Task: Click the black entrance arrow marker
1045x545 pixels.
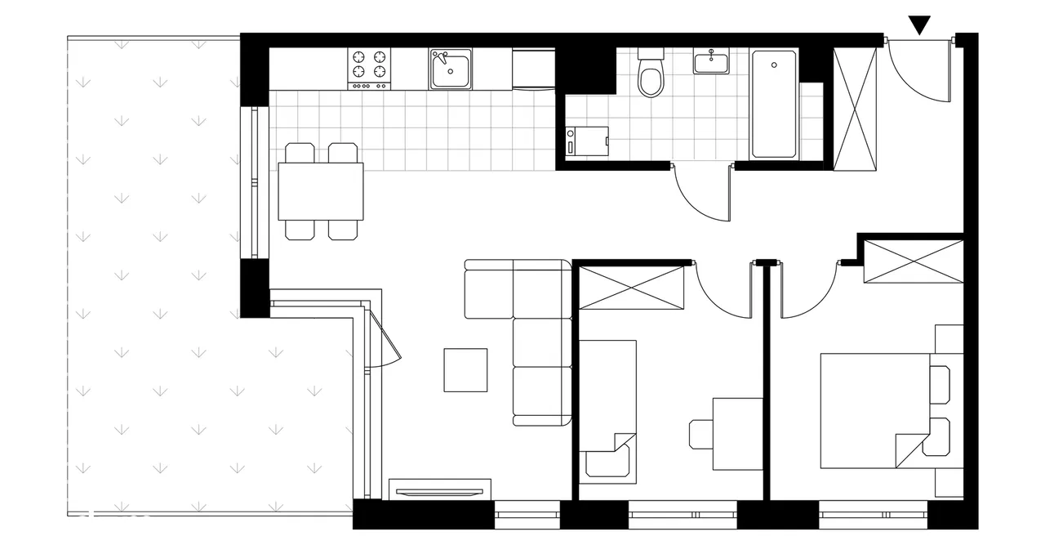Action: click(x=919, y=25)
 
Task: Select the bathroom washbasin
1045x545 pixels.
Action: click(x=711, y=61)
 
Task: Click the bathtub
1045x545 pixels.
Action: click(x=774, y=104)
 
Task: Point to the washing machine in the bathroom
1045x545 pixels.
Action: click(x=588, y=141)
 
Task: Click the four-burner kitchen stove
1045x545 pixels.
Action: click(x=369, y=68)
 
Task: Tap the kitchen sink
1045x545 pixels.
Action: click(x=451, y=69)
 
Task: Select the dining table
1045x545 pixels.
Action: click(x=320, y=191)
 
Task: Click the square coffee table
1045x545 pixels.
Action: click(x=465, y=369)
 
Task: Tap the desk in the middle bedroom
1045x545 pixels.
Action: click(x=737, y=433)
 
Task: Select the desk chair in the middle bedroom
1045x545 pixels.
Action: click(x=700, y=434)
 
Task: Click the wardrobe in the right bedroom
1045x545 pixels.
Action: click(x=914, y=261)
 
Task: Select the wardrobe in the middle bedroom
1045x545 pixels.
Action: click(x=631, y=288)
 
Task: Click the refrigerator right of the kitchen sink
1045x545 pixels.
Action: click(x=534, y=68)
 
